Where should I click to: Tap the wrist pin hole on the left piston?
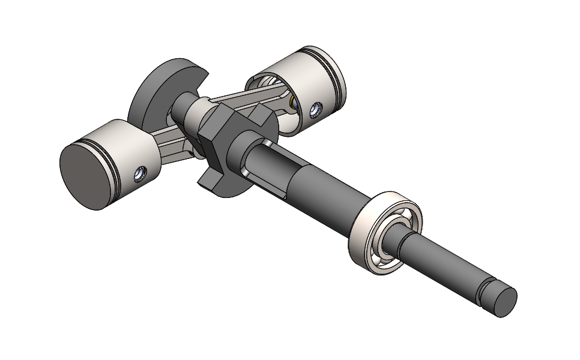[x=139, y=175]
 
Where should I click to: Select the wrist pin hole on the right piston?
[x=314, y=110]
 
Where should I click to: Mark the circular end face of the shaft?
[x=504, y=302]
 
